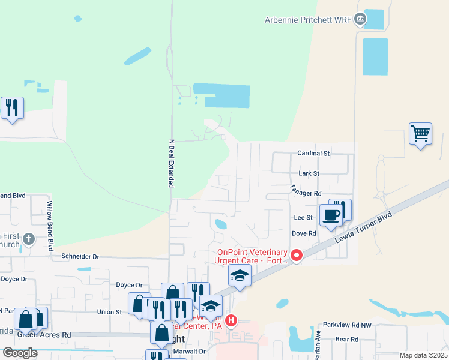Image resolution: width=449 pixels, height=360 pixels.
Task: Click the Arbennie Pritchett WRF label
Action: [307, 20]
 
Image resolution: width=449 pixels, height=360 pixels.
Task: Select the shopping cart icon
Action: [420, 134]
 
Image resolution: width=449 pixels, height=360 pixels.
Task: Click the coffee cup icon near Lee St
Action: [330, 215]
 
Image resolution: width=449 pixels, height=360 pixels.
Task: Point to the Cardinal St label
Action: [314, 154]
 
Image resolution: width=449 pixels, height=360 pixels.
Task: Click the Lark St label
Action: [307, 173]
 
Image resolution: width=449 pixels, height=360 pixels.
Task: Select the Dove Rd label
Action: [303, 233]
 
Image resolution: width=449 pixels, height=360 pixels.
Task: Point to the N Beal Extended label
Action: [170, 163]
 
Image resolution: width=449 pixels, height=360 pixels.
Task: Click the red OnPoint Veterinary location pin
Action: [296, 256]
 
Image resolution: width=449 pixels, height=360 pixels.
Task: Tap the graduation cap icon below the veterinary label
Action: [240, 276]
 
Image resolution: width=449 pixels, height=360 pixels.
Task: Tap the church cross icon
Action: [28, 241]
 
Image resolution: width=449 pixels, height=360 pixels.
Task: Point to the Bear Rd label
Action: [346, 339]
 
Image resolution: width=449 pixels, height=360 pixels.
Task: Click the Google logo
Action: [20, 353]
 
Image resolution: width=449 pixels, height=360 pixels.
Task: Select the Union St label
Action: [110, 312]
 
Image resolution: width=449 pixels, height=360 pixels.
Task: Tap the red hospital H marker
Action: [231, 321]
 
